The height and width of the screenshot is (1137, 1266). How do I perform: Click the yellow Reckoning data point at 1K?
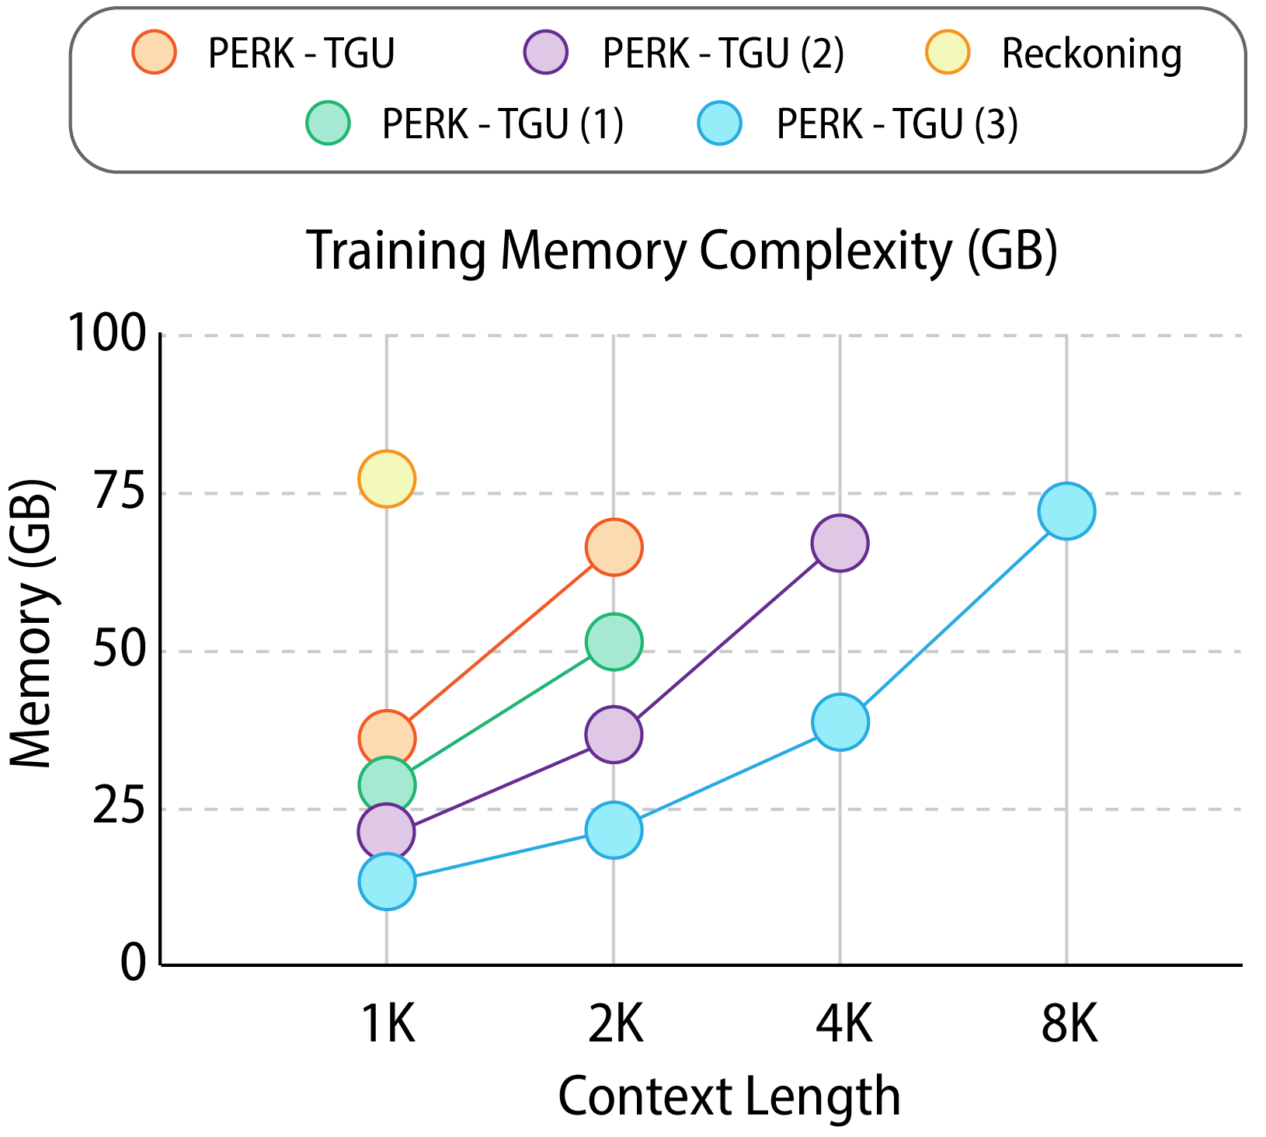pos(387,478)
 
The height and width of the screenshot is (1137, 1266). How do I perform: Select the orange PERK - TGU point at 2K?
pos(614,548)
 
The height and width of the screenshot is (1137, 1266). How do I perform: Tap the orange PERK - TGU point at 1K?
pos(387,738)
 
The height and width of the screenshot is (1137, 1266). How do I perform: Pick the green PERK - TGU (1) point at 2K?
pos(614,642)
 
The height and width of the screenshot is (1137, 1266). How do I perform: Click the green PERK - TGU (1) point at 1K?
pos(387,785)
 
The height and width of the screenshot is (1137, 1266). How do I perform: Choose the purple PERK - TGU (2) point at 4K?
pos(840,543)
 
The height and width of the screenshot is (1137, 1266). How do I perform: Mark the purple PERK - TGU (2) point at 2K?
pos(614,734)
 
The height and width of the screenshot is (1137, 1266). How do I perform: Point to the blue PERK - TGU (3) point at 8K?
pos(1066,510)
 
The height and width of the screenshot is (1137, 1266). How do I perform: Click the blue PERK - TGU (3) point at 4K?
pos(840,722)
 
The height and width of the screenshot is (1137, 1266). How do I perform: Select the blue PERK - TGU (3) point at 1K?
pos(387,881)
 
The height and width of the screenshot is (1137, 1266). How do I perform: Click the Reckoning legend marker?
pos(948,53)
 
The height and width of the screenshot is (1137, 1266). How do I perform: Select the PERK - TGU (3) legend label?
pos(897,123)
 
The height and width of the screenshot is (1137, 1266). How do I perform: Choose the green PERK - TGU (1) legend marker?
pos(329,123)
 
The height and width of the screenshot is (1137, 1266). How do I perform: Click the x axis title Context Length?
pos(729,1097)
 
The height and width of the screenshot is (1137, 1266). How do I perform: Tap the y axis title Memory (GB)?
pos(33,625)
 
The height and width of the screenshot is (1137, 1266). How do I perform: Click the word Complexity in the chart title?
pos(826,251)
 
